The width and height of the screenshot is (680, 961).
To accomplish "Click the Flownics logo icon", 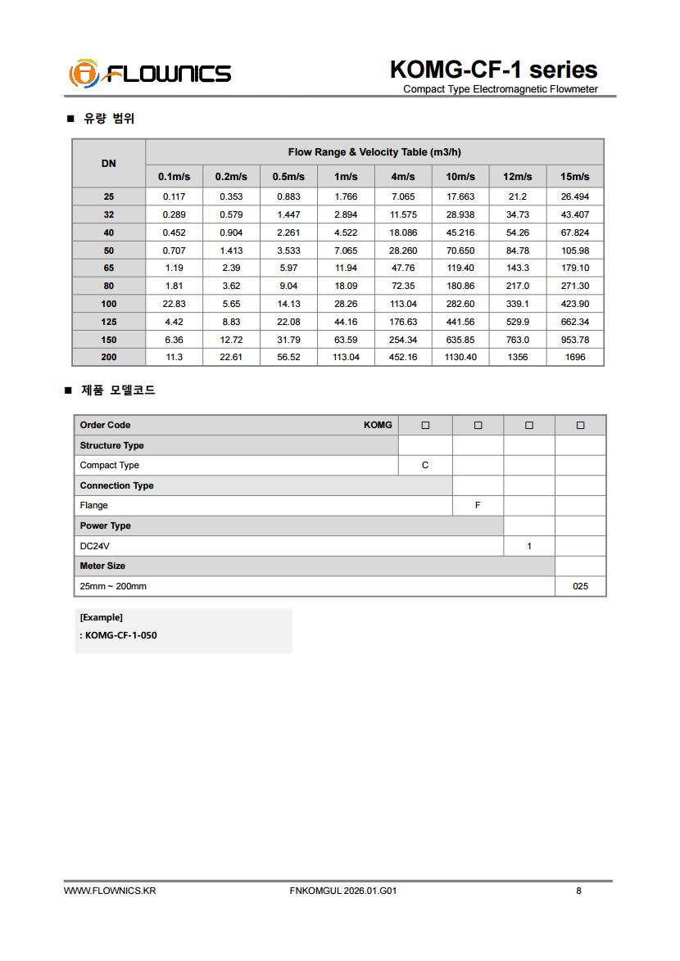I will tap(84, 74).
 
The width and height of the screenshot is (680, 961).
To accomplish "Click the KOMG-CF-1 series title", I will tap(493, 70).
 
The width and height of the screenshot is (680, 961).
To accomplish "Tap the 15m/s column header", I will tap(574, 177).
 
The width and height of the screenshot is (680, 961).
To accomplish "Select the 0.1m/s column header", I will tap(174, 177).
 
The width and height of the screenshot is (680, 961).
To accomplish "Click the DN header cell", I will tap(109, 163).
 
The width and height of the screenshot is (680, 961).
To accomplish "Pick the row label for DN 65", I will tap(109, 268).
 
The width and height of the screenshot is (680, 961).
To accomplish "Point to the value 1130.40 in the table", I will tap(460, 358).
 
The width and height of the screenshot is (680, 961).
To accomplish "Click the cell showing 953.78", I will tap(574, 340).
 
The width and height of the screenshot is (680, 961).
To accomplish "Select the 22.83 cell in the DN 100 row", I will tap(174, 305).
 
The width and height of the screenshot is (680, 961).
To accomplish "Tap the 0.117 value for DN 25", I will tap(174, 197).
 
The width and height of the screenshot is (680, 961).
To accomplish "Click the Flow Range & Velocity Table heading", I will tap(374, 152).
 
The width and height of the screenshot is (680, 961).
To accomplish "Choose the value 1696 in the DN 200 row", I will tap(575, 358).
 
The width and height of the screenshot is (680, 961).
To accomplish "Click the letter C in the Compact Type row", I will tap(425, 466).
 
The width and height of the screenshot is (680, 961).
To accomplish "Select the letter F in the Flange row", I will tap(478, 506).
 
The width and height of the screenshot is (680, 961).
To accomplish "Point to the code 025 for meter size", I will tap(580, 587).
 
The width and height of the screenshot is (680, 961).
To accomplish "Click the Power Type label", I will tap(105, 526).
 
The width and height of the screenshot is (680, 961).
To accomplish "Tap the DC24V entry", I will tap(94, 546).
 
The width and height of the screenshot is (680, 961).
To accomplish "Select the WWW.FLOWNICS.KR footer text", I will tap(110, 891).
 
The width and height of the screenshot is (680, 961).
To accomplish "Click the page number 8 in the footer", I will tap(578, 891).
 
